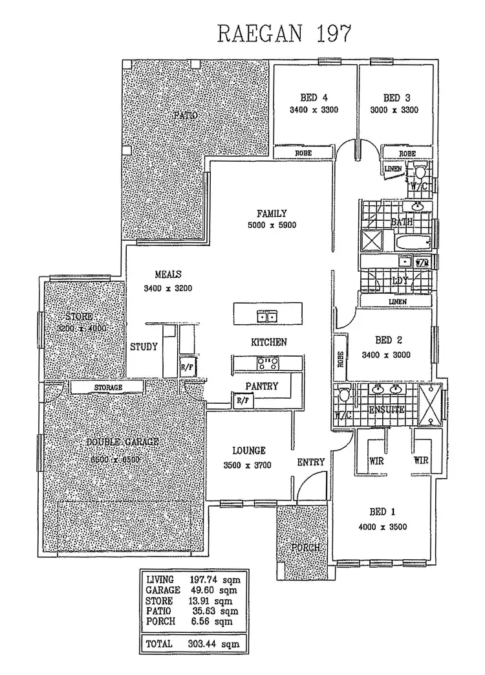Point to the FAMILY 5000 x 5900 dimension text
[271, 226]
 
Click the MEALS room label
[167, 274]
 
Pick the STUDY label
[144, 347]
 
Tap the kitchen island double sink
[267, 316]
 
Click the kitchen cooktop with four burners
[267, 364]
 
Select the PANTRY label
[261, 386]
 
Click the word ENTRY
[310, 462]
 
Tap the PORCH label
[305, 548]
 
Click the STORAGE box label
[107, 388]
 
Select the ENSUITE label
[386, 410]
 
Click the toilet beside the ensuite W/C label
[343, 394]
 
